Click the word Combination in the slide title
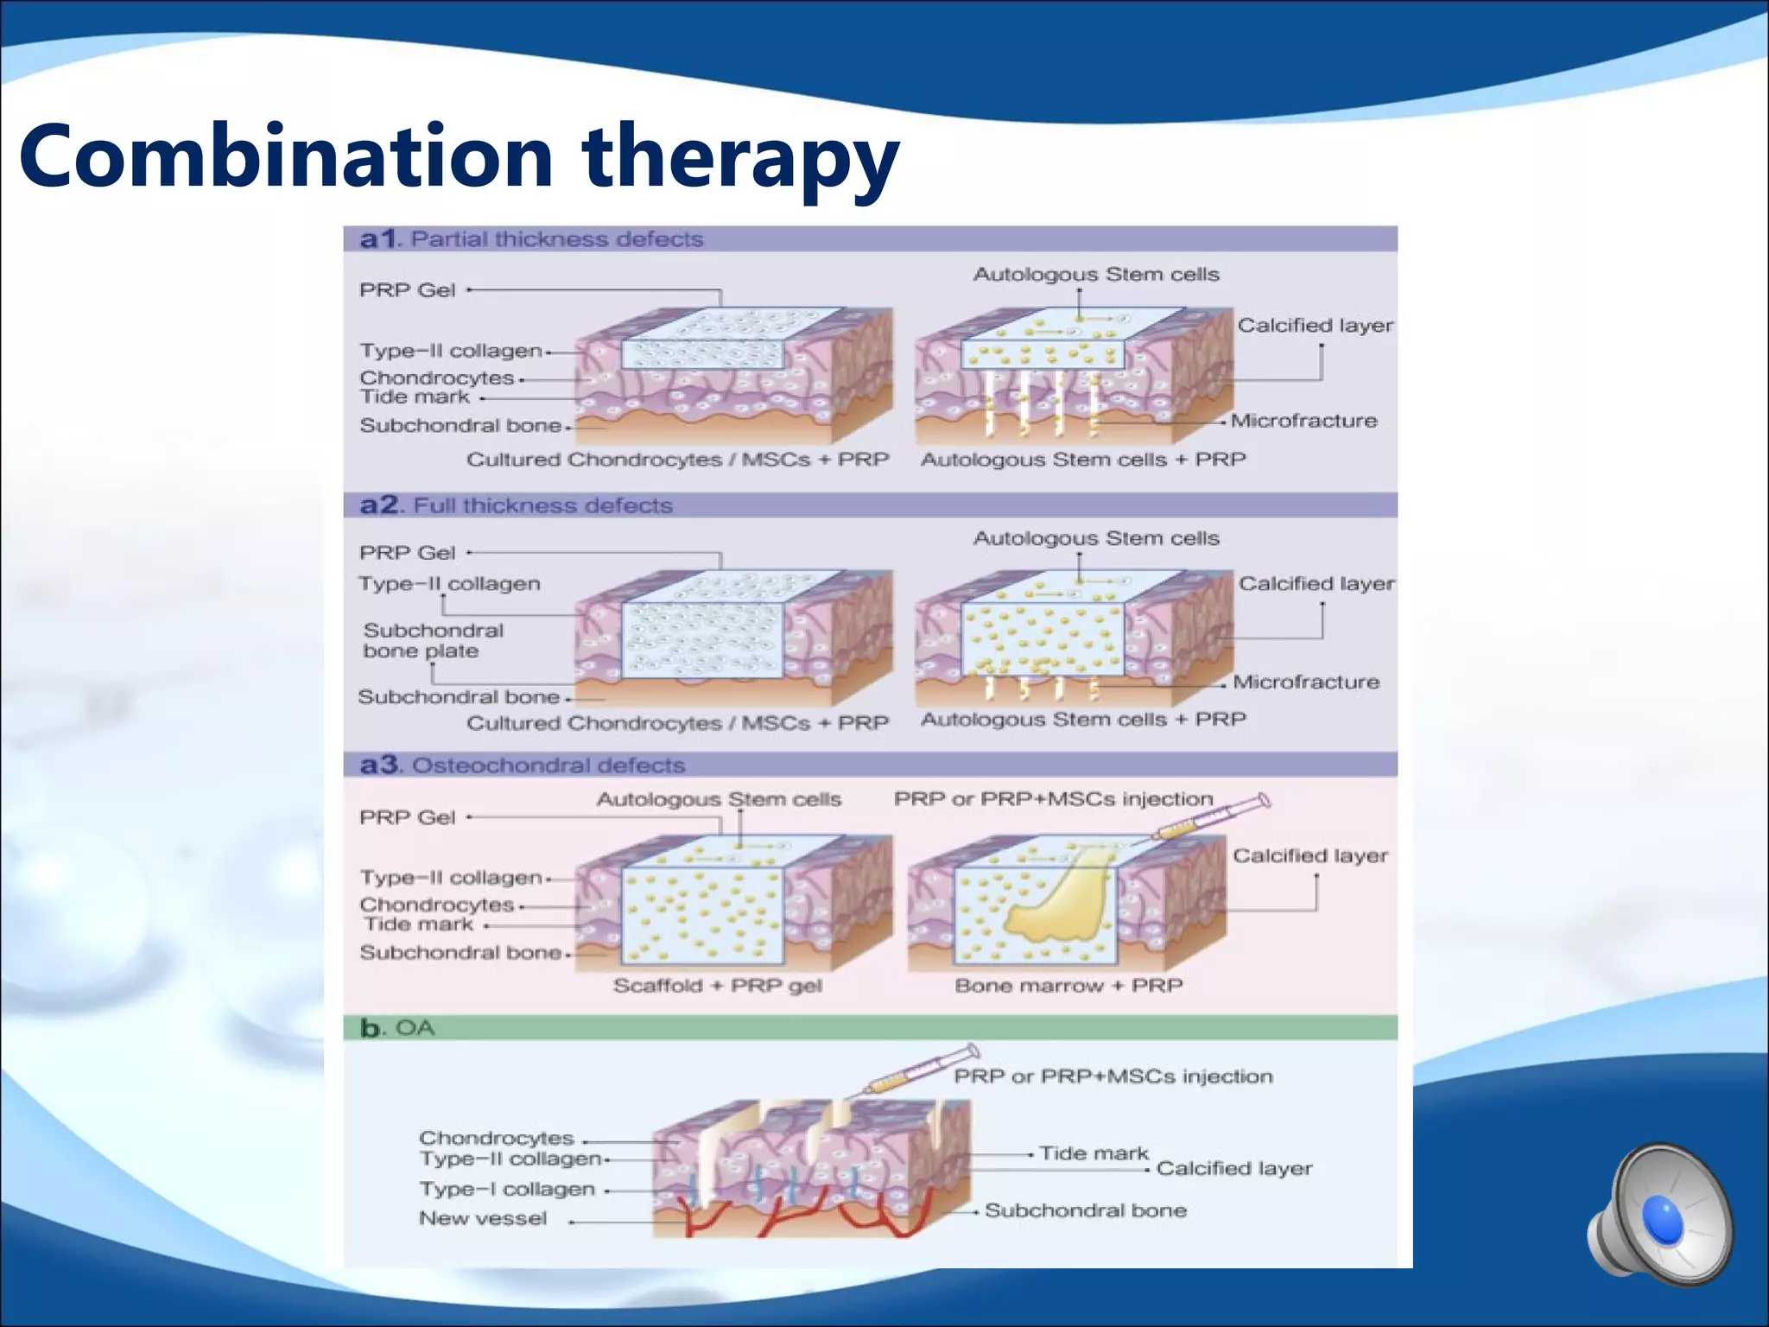[285, 157]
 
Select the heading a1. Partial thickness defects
[532, 239]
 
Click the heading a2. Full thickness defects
[517, 505]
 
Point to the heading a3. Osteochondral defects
[523, 765]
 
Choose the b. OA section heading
[397, 1028]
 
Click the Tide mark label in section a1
[415, 397]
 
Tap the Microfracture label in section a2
[1305, 683]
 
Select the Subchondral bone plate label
[432, 641]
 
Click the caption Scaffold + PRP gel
[717, 986]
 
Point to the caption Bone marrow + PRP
[1068, 986]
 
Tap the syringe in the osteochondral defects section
[1213, 817]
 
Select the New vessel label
[483, 1219]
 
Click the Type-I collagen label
[507, 1190]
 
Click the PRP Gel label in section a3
[407, 817]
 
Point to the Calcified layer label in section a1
[1315, 326]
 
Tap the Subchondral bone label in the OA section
[1085, 1211]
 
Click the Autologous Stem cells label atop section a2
[1096, 539]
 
